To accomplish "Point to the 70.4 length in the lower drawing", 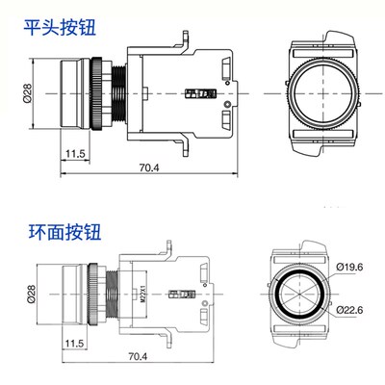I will tap(138, 357).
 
